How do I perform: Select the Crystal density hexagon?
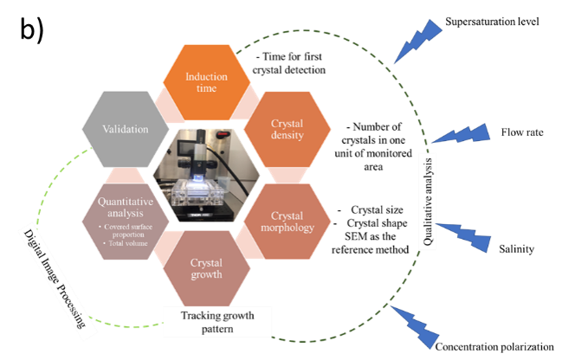point(287,130)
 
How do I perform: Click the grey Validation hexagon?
point(124,130)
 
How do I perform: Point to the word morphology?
point(287,228)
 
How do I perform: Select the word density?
point(287,138)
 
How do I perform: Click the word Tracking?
point(198,315)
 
